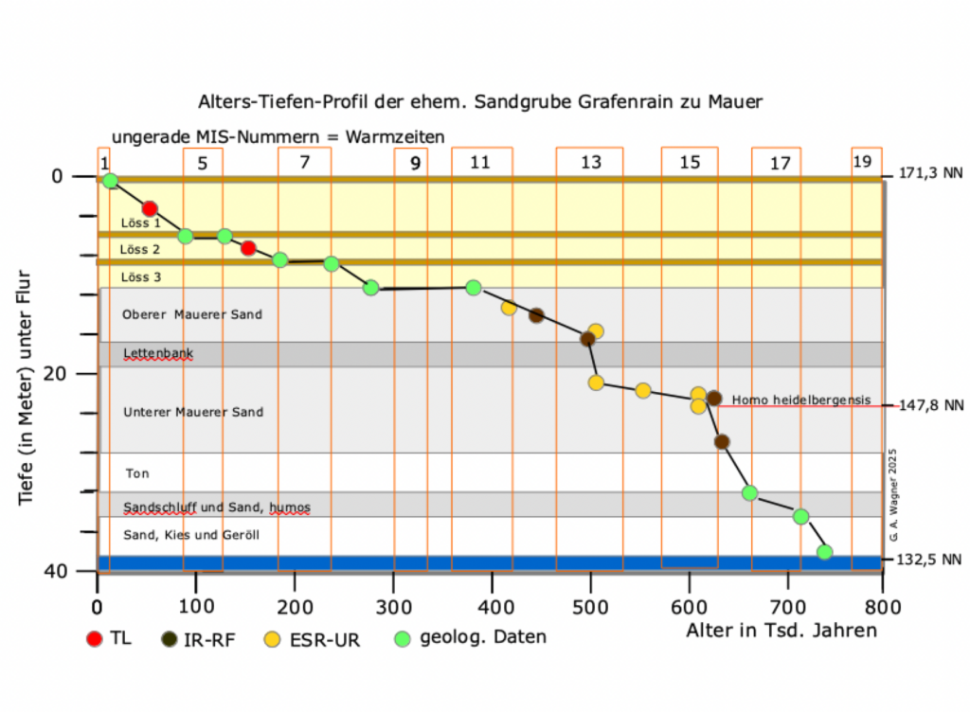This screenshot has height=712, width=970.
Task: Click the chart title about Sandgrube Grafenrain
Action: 480,100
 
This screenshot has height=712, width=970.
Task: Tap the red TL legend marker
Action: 94,638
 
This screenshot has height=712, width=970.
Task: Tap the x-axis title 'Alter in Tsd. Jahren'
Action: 781,630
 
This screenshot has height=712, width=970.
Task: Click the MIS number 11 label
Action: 479,162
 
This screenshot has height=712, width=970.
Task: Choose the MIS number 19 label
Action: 862,162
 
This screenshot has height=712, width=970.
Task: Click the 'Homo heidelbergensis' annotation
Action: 800,400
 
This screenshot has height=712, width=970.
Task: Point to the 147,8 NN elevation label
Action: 930,405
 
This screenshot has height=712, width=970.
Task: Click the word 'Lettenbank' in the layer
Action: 158,353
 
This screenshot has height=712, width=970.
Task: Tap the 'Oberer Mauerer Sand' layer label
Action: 192,314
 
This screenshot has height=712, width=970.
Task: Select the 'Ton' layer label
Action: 137,473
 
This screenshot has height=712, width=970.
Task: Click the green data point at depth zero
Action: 110,181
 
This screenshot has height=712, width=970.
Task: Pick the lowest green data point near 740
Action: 824,552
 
